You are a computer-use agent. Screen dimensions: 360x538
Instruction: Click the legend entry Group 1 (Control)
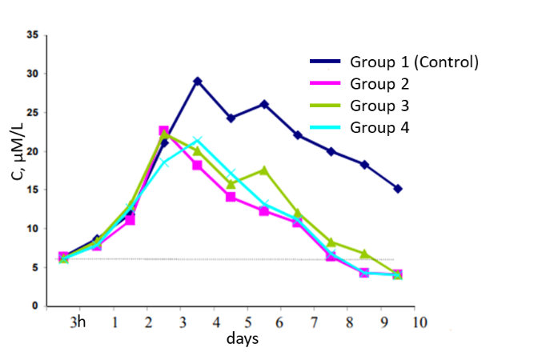[x=413, y=62]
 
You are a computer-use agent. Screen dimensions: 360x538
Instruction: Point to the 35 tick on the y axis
[x=33, y=35]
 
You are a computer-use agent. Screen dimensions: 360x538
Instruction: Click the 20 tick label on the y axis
[x=33, y=151]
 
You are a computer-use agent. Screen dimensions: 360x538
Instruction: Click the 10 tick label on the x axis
[x=420, y=322]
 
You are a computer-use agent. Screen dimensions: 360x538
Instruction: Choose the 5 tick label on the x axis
[x=247, y=322]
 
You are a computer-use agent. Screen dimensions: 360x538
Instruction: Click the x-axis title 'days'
[x=242, y=339]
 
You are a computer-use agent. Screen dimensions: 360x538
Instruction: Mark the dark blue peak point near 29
[x=197, y=81]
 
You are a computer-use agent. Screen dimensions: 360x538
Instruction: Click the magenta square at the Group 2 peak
[x=163, y=130]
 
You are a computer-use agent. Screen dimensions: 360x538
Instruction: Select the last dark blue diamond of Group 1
[x=398, y=189]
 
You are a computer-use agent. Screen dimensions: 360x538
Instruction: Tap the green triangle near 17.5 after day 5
[x=264, y=170]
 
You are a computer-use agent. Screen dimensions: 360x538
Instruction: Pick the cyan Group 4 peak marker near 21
[x=197, y=141]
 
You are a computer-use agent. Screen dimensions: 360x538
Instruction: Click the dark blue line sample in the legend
[x=326, y=62]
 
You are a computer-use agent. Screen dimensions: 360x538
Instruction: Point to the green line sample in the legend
[x=326, y=105]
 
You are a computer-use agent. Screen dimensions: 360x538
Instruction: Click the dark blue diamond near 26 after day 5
[x=264, y=104]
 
